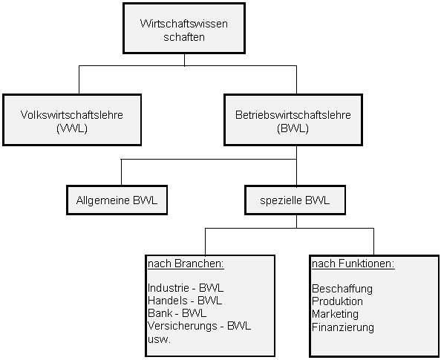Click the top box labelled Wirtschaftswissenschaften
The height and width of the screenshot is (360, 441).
click(184, 28)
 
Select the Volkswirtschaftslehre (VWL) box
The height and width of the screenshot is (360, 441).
click(72, 120)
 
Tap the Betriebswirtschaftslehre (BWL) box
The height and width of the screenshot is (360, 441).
click(293, 120)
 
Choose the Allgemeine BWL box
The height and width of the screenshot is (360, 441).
click(117, 200)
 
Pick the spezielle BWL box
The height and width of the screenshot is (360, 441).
click(295, 200)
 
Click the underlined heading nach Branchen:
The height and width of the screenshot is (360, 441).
click(186, 264)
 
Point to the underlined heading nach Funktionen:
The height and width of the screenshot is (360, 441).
click(353, 264)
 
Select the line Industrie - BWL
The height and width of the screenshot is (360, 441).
click(186, 288)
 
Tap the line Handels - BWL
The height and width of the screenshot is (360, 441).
click(185, 301)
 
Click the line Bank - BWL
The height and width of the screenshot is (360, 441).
click(177, 313)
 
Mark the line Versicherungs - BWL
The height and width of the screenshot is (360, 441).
click(199, 327)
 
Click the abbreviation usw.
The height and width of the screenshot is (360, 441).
click(159, 339)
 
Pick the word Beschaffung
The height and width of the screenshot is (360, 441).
click(342, 289)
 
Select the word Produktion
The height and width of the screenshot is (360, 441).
click(337, 301)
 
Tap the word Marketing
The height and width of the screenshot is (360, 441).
click(336, 314)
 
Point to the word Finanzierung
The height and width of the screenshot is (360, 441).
click(343, 327)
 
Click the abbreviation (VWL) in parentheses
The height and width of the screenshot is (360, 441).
click(72, 129)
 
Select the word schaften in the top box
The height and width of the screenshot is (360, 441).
click(184, 37)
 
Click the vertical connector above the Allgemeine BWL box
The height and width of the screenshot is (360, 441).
click(121, 172)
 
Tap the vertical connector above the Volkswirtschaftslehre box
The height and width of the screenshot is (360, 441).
click(79, 80)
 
